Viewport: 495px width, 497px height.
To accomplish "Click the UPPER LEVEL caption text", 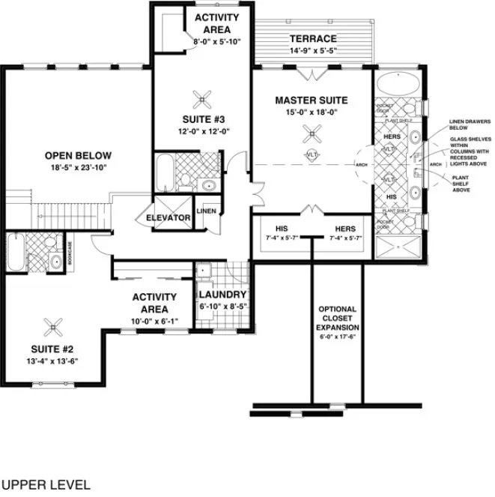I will click(x=46, y=484).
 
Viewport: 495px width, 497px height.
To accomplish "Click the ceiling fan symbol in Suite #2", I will click(x=54, y=325).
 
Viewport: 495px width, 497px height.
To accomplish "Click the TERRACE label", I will click(x=313, y=39).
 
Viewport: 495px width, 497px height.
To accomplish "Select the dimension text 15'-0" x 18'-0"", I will click(x=312, y=112).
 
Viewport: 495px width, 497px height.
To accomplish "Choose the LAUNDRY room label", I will click(x=222, y=295).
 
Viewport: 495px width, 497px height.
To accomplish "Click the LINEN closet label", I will click(x=207, y=211).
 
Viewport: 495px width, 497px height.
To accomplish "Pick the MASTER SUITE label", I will click(x=312, y=100).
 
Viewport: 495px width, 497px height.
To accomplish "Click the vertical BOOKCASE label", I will click(x=71, y=253).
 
